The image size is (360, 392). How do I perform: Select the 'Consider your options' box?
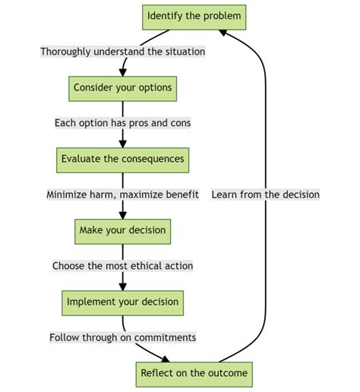(x=123, y=87)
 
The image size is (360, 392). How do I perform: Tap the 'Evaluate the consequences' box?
(x=123, y=160)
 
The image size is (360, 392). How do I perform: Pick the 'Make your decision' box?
(x=123, y=231)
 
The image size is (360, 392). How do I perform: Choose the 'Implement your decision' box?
(x=123, y=302)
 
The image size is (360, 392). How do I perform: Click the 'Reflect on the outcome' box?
(x=194, y=374)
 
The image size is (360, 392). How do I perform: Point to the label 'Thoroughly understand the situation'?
(x=123, y=52)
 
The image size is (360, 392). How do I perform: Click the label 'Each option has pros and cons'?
(x=123, y=123)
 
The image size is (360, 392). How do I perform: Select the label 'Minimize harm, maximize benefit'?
(x=123, y=194)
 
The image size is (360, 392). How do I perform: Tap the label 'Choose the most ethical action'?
(x=123, y=266)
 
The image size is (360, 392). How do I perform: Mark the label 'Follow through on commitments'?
(x=123, y=337)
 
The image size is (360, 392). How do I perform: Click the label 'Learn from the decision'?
(x=266, y=194)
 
